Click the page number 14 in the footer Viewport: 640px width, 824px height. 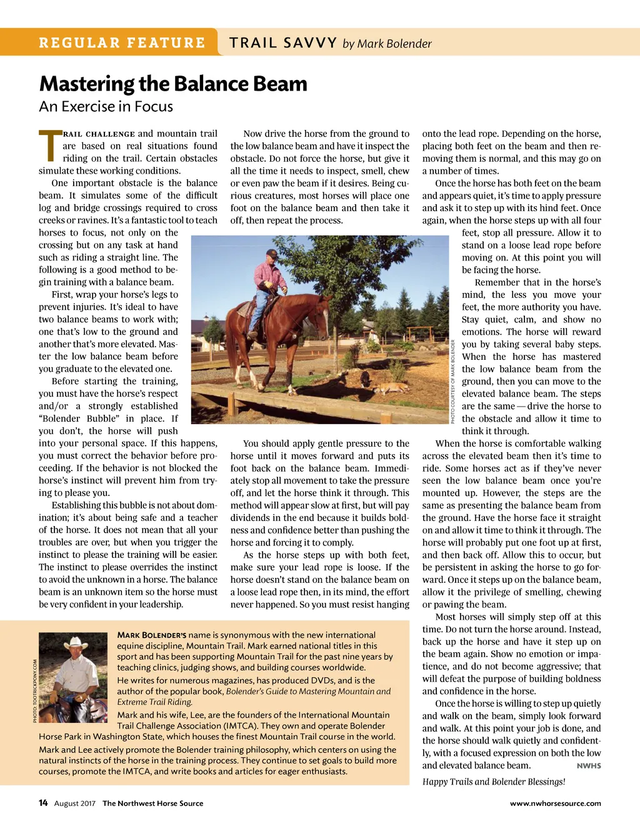tap(43, 803)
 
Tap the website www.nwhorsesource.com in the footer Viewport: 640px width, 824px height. tap(555, 803)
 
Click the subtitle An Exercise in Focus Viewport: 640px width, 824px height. tap(106, 107)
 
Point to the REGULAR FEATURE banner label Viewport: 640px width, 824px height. tap(122, 43)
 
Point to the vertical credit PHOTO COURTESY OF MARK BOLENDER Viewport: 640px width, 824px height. tap(452, 381)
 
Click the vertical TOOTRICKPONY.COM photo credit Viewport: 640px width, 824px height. tap(35, 691)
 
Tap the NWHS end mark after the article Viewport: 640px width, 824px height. tap(588, 766)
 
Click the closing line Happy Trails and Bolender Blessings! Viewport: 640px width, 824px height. tap(493, 782)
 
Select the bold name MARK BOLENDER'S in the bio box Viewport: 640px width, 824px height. tap(151, 635)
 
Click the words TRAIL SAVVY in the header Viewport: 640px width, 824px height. tap(283, 43)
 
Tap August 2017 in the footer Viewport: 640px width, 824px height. tap(75, 803)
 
